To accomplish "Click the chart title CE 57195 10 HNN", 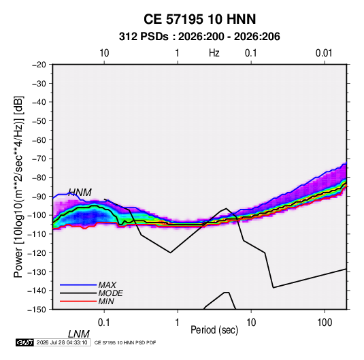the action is (x=199, y=19).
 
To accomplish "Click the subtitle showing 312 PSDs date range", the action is (x=199, y=37).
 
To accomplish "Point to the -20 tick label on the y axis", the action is (x=39, y=65).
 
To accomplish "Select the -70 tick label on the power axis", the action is (x=39, y=159).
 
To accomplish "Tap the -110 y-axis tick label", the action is (x=37, y=234).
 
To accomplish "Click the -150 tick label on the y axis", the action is (x=37, y=310).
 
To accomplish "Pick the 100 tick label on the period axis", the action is (x=325, y=323).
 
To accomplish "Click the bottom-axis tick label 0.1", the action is (x=104, y=323).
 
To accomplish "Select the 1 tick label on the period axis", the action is (x=178, y=323).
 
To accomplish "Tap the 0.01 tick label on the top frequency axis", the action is (x=324, y=53).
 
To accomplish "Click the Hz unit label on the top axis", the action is (x=214, y=53).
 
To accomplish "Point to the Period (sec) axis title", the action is (x=214, y=330).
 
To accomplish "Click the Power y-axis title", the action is (x=18, y=187).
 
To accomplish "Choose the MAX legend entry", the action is (x=107, y=285).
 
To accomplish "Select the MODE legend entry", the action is (x=110, y=293).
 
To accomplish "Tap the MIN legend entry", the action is (x=106, y=301).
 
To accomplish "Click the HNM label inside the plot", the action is (x=80, y=193).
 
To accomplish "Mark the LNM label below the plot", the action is (x=79, y=334).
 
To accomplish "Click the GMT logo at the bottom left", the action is (x=25, y=342).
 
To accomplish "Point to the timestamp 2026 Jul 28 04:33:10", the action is (x=62, y=342).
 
